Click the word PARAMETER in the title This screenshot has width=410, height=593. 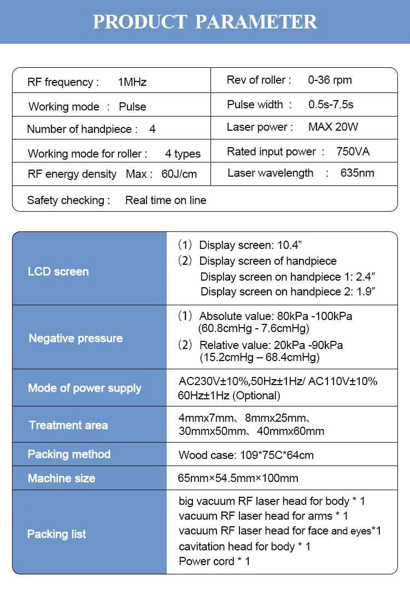click(x=256, y=22)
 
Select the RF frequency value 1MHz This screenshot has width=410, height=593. click(x=132, y=83)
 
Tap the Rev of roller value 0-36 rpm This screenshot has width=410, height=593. click(x=330, y=80)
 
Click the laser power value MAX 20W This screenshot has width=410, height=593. click(x=333, y=127)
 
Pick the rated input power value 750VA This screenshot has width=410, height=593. click(x=353, y=152)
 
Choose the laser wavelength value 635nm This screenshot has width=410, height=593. click(x=358, y=173)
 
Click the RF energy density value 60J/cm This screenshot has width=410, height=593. click(x=179, y=175)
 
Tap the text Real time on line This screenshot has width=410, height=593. click(x=166, y=200)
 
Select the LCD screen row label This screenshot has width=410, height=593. click(x=58, y=271)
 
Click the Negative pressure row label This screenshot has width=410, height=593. click(x=75, y=338)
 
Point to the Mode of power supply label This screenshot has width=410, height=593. click(x=84, y=388)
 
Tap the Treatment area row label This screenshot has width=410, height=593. click(x=68, y=425)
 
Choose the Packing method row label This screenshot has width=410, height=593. click(x=69, y=454)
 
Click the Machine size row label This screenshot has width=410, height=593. click(x=61, y=478)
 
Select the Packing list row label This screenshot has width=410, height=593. click(x=56, y=534)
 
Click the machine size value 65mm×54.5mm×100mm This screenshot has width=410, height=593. click(x=238, y=478)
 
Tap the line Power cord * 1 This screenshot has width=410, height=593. click(x=214, y=561)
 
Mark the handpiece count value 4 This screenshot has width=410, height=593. click(x=152, y=130)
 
